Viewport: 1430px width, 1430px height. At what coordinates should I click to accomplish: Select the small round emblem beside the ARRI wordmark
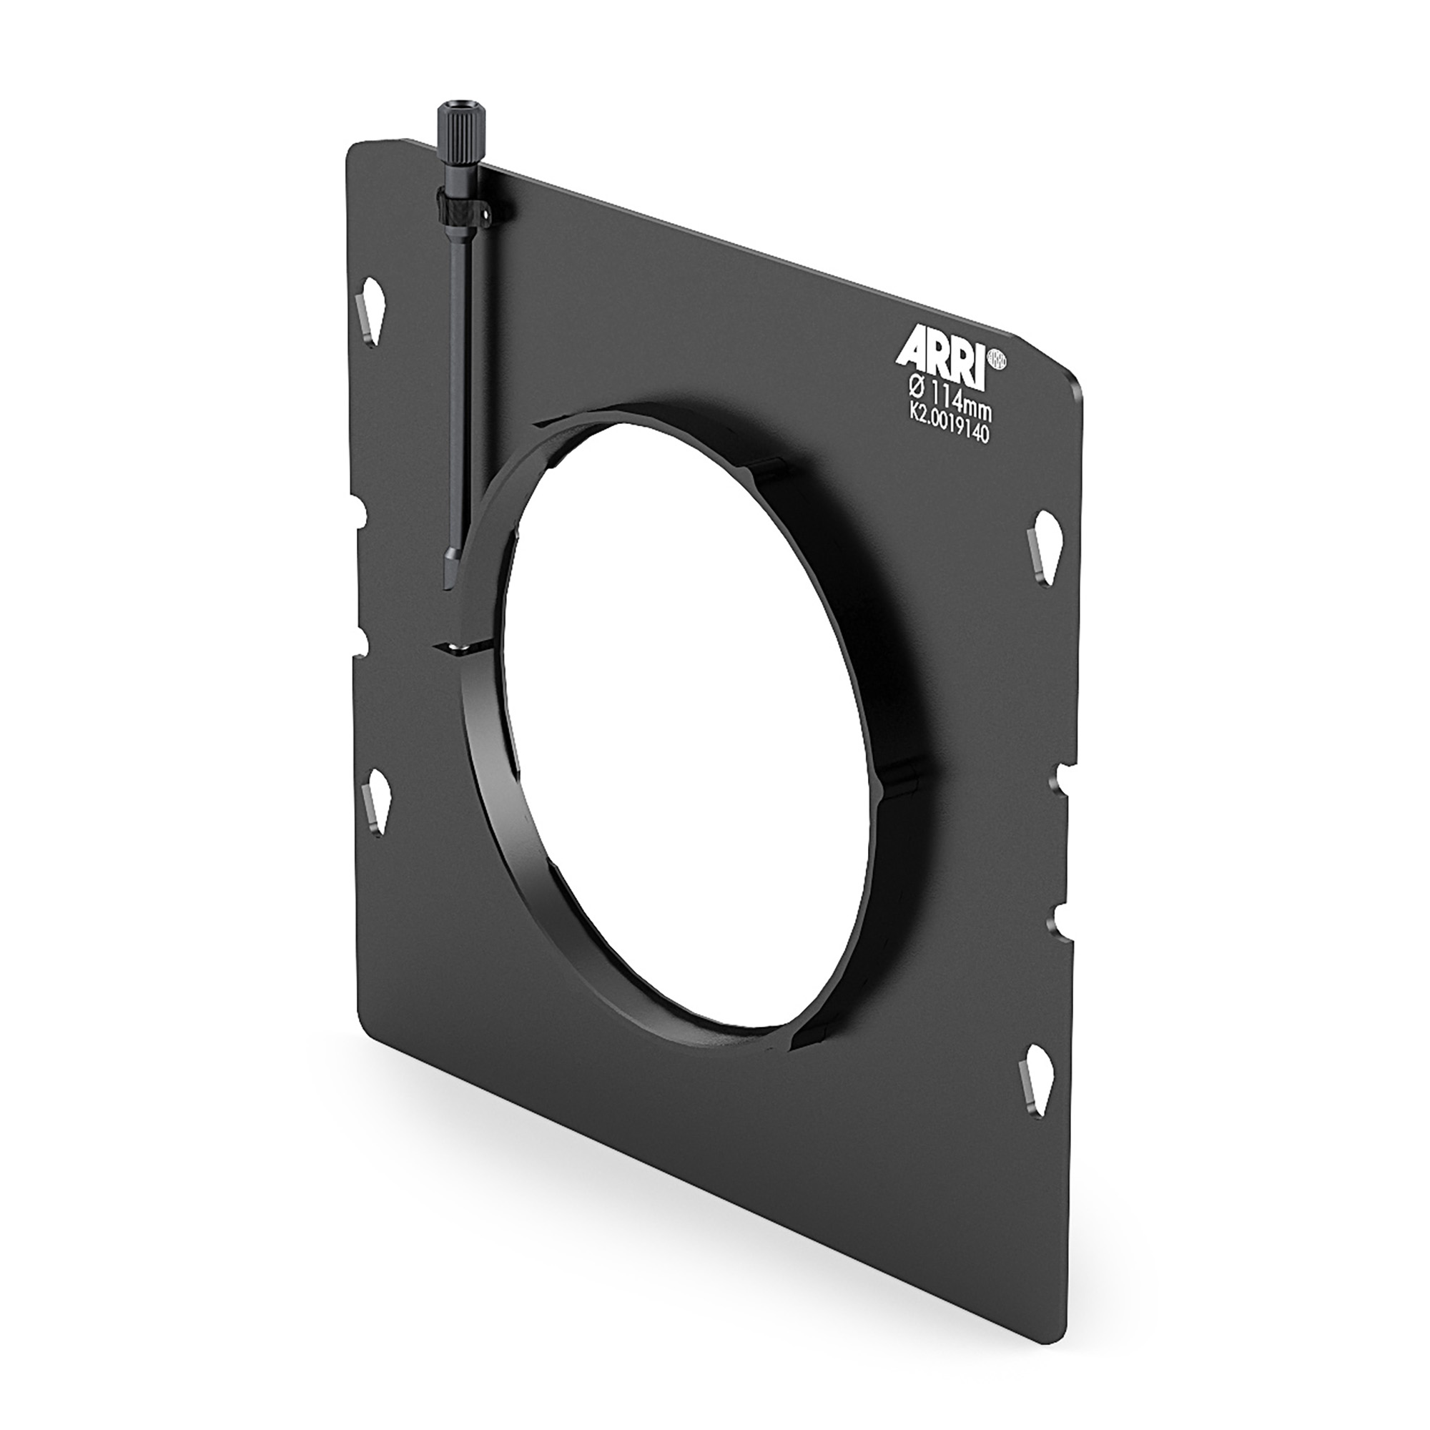(1001, 358)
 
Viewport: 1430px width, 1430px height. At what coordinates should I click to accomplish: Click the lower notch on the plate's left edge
(363, 638)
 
